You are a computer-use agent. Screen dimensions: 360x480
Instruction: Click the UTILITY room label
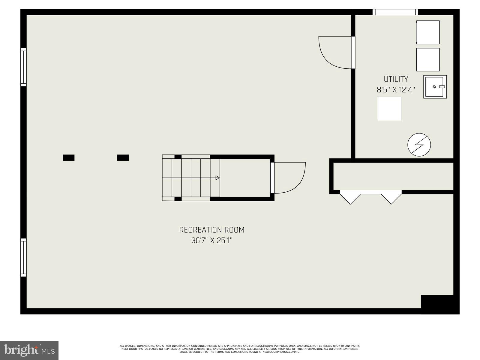[x=396, y=79]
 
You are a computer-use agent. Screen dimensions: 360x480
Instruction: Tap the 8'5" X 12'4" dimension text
[x=396, y=89]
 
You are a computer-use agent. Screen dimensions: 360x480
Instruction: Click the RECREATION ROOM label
[x=212, y=230]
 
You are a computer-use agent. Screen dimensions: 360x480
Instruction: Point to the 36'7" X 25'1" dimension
[x=212, y=240]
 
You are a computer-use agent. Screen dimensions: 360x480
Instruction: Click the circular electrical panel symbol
[x=419, y=145]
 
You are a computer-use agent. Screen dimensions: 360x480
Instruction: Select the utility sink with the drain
[x=435, y=87]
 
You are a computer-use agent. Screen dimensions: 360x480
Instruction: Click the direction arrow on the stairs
[x=217, y=178]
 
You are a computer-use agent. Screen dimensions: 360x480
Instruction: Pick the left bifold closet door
[x=350, y=198]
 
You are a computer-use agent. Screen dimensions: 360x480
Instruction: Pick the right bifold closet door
[x=391, y=198]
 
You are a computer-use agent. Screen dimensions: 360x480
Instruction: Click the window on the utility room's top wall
[x=395, y=12]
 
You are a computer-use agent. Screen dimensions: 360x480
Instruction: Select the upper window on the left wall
[x=23, y=67]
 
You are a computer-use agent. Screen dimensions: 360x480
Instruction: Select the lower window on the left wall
[x=23, y=257]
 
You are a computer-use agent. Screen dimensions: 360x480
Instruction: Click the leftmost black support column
[x=68, y=157]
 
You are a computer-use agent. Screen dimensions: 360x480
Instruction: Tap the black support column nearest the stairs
[x=123, y=157]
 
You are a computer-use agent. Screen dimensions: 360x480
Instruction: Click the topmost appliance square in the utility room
[x=428, y=32]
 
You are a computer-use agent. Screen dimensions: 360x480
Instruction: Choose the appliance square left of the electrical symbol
[x=389, y=108]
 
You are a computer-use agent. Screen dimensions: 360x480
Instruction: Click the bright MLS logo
[x=29, y=350]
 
